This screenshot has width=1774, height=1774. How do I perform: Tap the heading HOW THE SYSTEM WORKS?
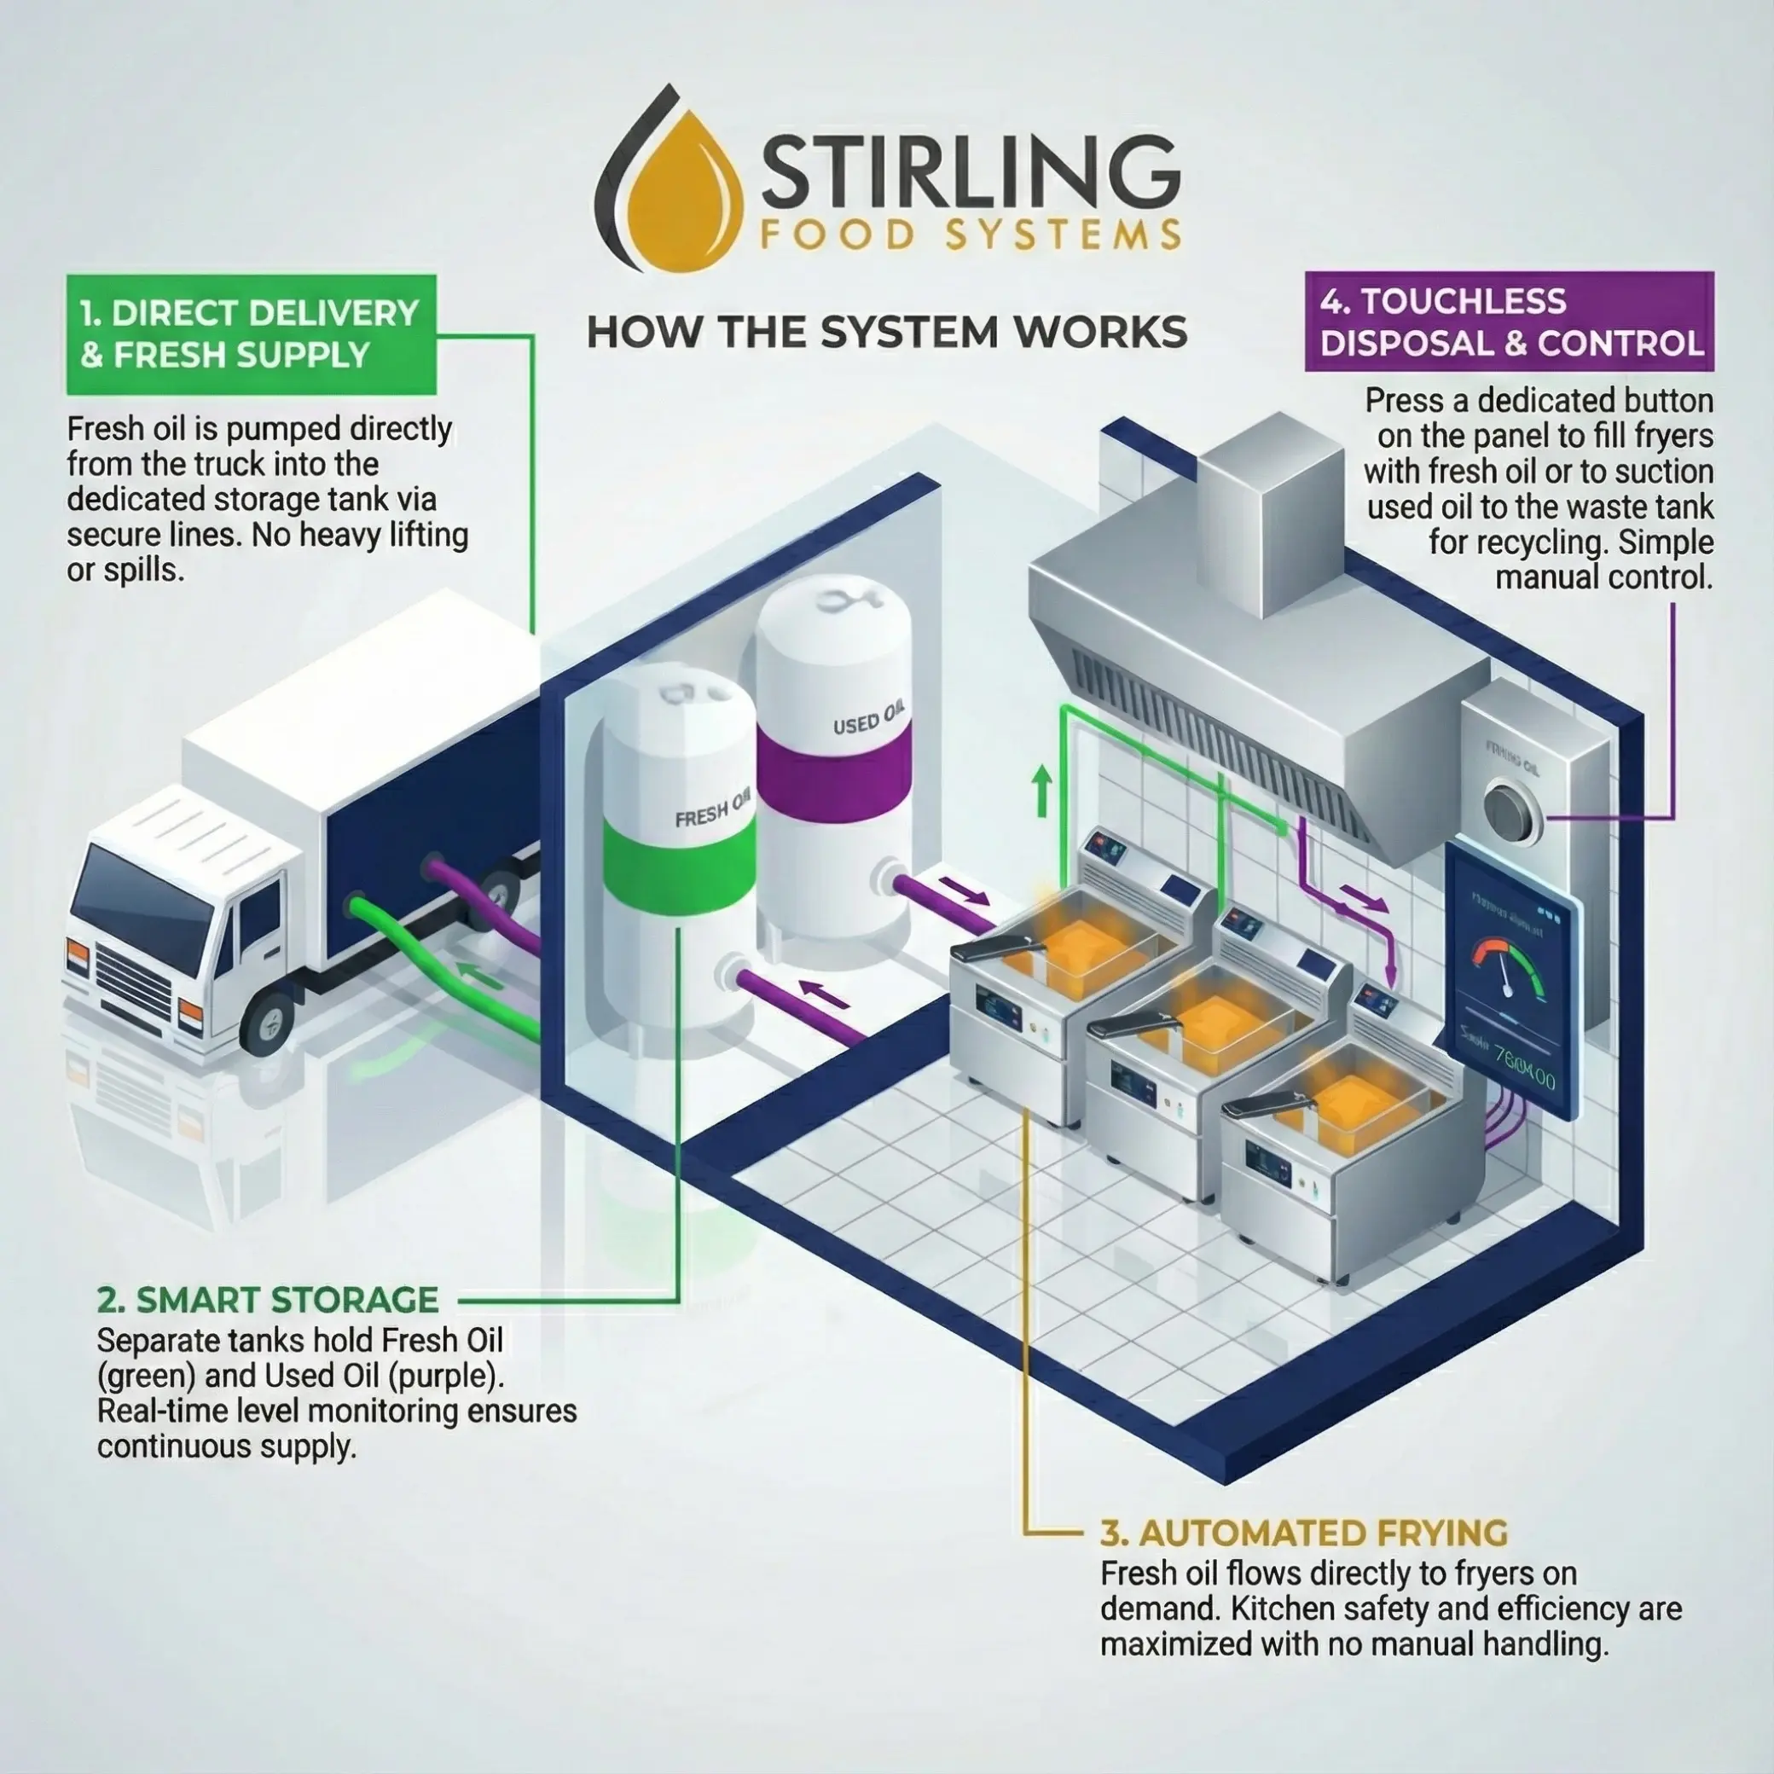coord(886,333)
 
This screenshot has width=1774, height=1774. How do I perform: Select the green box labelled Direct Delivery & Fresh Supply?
coord(250,334)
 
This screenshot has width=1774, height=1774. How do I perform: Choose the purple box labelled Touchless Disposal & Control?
coord(1509,322)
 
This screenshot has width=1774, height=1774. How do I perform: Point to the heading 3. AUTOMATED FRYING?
coord(1304,1533)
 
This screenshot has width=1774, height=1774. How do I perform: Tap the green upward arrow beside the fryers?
coord(1042,792)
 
